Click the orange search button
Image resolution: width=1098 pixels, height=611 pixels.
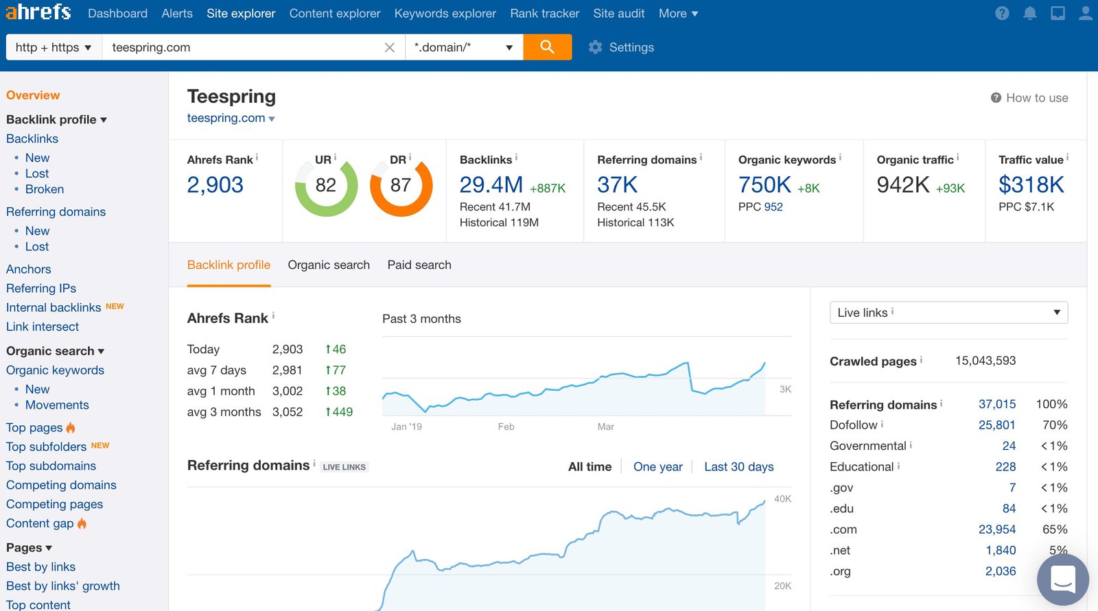(x=547, y=47)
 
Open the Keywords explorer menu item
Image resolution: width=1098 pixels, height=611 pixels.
(x=445, y=13)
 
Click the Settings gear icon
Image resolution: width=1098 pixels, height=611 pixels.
(x=595, y=47)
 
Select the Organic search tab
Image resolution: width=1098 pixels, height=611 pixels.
(x=329, y=265)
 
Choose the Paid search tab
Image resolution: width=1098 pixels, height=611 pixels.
(x=419, y=265)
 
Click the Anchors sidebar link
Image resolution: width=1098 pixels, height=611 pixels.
(x=28, y=269)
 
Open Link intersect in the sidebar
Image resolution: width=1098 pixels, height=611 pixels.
(x=43, y=326)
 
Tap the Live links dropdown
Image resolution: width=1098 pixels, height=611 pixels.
(x=948, y=312)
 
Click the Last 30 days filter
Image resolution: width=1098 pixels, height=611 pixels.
(x=738, y=466)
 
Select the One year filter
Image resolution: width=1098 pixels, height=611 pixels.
(x=657, y=466)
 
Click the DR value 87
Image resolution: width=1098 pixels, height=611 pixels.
(x=401, y=185)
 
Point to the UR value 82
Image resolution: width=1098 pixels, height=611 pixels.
(x=326, y=185)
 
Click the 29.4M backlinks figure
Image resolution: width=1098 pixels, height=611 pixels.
(x=491, y=184)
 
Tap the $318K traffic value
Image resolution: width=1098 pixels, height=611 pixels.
(x=1031, y=184)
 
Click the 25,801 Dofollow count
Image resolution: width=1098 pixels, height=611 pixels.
(x=996, y=424)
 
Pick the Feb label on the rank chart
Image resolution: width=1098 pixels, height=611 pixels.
(x=506, y=427)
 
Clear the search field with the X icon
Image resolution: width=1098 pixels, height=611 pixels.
(x=389, y=47)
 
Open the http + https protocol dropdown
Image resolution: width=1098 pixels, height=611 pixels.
(x=54, y=47)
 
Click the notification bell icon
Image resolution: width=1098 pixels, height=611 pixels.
(x=1029, y=13)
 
